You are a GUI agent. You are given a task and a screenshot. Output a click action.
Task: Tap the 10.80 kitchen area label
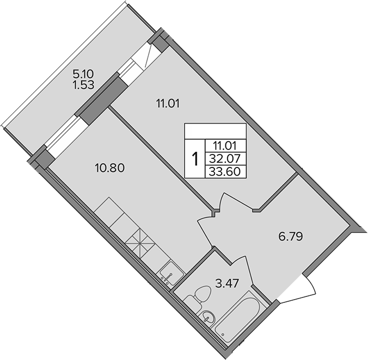click(x=111, y=167)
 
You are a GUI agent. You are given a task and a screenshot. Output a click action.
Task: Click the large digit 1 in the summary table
click(x=194, y=159)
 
